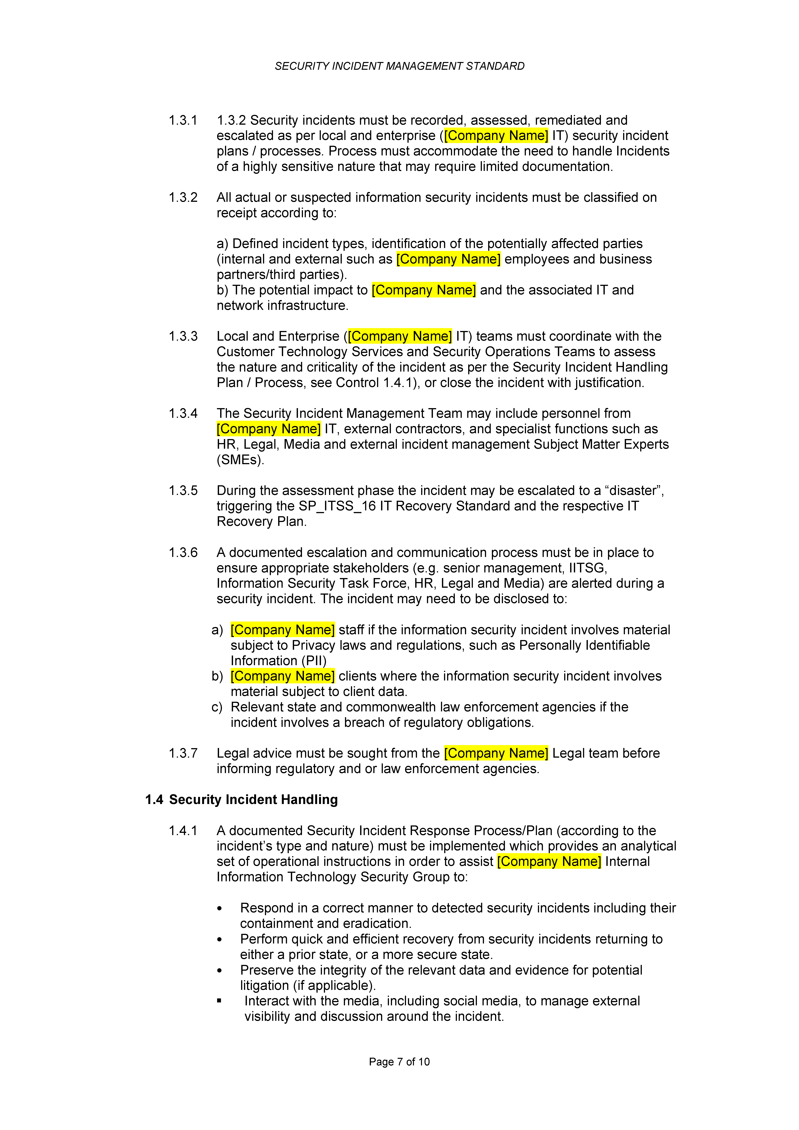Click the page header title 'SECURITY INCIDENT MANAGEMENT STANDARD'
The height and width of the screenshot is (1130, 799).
399,66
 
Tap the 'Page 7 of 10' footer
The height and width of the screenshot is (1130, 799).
399,1062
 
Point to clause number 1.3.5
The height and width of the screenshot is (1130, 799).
183,491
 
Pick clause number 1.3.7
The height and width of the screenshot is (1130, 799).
183,753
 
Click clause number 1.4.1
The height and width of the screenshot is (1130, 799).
183,831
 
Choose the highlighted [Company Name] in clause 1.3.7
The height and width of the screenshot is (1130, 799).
496,753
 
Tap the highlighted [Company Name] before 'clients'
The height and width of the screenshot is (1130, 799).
283,676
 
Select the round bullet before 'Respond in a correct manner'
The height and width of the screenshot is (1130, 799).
220,909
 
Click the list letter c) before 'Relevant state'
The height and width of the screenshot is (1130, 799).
217,707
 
